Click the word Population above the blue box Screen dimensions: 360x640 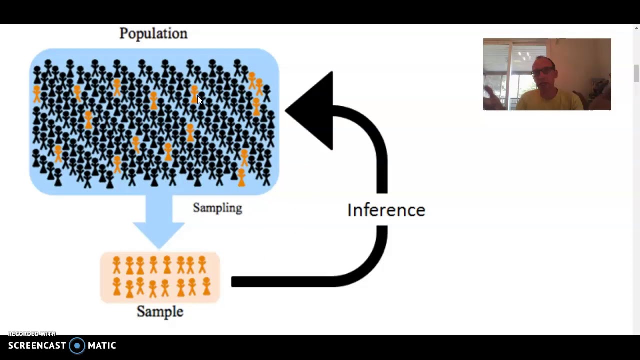(153, 34)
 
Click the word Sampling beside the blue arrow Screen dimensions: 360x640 (217, 208)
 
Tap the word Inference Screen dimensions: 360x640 (386, 210)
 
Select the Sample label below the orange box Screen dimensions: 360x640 (160, 312)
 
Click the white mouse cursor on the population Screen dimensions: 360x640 (199, 99)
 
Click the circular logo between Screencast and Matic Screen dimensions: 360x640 (77, 346)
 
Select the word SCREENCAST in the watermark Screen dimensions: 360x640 (37, 346)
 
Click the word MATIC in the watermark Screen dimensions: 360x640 (102, 346)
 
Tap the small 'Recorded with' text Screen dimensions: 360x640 (32, 334)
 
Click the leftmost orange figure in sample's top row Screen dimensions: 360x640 (117, 265)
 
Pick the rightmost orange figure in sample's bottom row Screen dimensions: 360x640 (206, 287)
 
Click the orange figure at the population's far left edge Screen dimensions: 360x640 (37, 93)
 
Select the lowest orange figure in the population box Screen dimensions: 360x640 (241, 178)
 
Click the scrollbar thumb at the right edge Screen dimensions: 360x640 (636, 74)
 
